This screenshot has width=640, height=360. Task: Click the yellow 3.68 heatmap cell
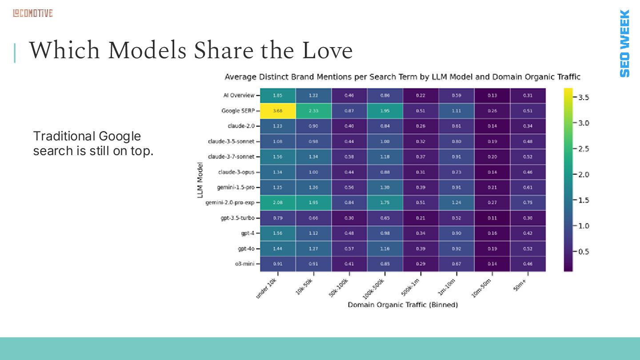(278, 111)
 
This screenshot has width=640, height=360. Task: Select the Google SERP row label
(238, 111)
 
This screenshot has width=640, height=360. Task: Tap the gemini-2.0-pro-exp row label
(230, 203)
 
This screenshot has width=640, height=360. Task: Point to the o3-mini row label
(245, 264)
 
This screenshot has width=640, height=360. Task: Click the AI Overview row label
(239, 96)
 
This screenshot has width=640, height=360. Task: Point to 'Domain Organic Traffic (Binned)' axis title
(403, 305)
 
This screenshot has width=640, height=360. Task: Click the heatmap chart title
(402, 77)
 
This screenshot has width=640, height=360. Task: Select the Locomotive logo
(32, 13)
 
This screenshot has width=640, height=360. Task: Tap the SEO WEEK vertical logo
(624, 43)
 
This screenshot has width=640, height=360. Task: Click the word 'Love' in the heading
(327, 51)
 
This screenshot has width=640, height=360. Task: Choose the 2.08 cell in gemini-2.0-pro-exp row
(278, 203)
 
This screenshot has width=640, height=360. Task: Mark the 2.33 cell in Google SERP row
(313, 111)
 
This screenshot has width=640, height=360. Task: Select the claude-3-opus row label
(236, 172)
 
